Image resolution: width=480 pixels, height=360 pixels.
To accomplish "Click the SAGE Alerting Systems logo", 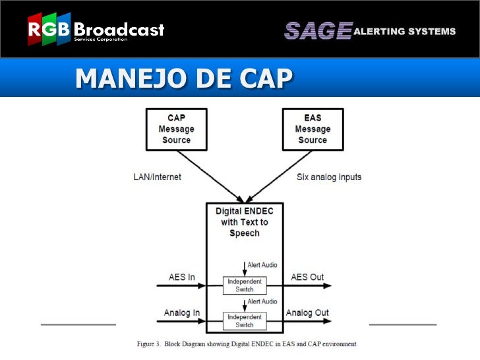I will coord(369,31).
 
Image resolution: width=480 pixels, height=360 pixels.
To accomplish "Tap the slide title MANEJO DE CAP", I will coord(183,78).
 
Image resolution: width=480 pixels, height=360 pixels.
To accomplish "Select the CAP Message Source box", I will coord(176,129).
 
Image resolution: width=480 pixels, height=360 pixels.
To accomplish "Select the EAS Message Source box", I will coord(312,129).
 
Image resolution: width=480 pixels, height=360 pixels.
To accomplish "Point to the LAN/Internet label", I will coord(157,177).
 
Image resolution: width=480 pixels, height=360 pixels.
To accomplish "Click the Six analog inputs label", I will coord(330,177).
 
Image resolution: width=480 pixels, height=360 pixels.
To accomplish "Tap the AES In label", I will coord(182,278).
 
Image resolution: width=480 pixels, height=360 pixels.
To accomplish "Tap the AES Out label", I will coord(307,277).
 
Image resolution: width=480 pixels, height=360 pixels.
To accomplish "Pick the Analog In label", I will coord(182,313).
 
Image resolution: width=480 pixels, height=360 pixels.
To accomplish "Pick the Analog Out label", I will coord(307,313).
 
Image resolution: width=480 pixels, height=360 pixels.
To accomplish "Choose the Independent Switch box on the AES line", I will coord(245,285).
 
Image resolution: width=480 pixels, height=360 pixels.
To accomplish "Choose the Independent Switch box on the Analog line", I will coord(245,320).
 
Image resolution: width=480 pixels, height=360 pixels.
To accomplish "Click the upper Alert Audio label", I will coord(262,264).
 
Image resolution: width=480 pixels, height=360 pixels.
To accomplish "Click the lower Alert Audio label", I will coord(262,301).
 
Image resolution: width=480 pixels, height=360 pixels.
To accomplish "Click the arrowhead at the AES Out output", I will coord(328,286).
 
